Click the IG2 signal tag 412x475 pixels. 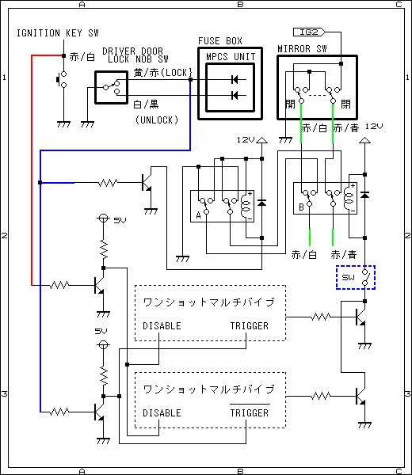[309, 32]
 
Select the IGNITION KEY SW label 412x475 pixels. [58, 33]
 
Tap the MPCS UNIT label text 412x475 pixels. [231, 57]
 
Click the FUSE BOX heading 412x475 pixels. [220, 41]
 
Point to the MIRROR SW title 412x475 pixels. [302, 49]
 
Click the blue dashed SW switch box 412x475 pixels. [356, 277]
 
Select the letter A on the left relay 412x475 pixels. [198, 215]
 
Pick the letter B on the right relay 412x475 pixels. [301, 207]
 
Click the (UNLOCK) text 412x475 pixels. [157, 120]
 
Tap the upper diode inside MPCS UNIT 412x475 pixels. [235, 80]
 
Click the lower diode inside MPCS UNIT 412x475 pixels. [235, 96]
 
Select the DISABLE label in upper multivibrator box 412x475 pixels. [162, 326]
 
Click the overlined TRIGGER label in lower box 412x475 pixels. [250, 412]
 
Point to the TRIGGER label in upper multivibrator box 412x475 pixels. [250, 326]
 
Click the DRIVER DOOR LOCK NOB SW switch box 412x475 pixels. [111, 87]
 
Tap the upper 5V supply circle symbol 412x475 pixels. [103, 218]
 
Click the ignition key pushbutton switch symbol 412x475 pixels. [62, 79]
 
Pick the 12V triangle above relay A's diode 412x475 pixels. [262, 140]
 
